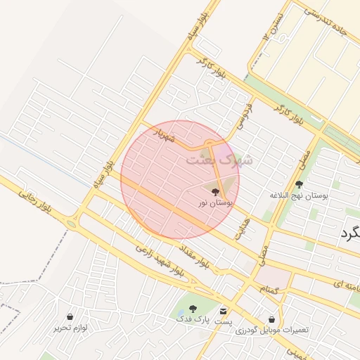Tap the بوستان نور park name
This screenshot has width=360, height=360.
(x=215, y=202)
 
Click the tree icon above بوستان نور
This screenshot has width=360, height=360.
(x=215, y=191)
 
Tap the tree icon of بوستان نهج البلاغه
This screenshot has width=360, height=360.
(x=299, y=184)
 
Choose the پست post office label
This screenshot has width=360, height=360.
(x=224, y=321)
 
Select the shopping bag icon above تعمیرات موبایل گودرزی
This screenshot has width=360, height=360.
(x=272, y=319)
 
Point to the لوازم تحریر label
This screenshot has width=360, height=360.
(x=70, y=327)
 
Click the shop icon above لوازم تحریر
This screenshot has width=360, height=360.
(x=70, y=316)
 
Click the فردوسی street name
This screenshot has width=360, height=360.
(x=244, y=117)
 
